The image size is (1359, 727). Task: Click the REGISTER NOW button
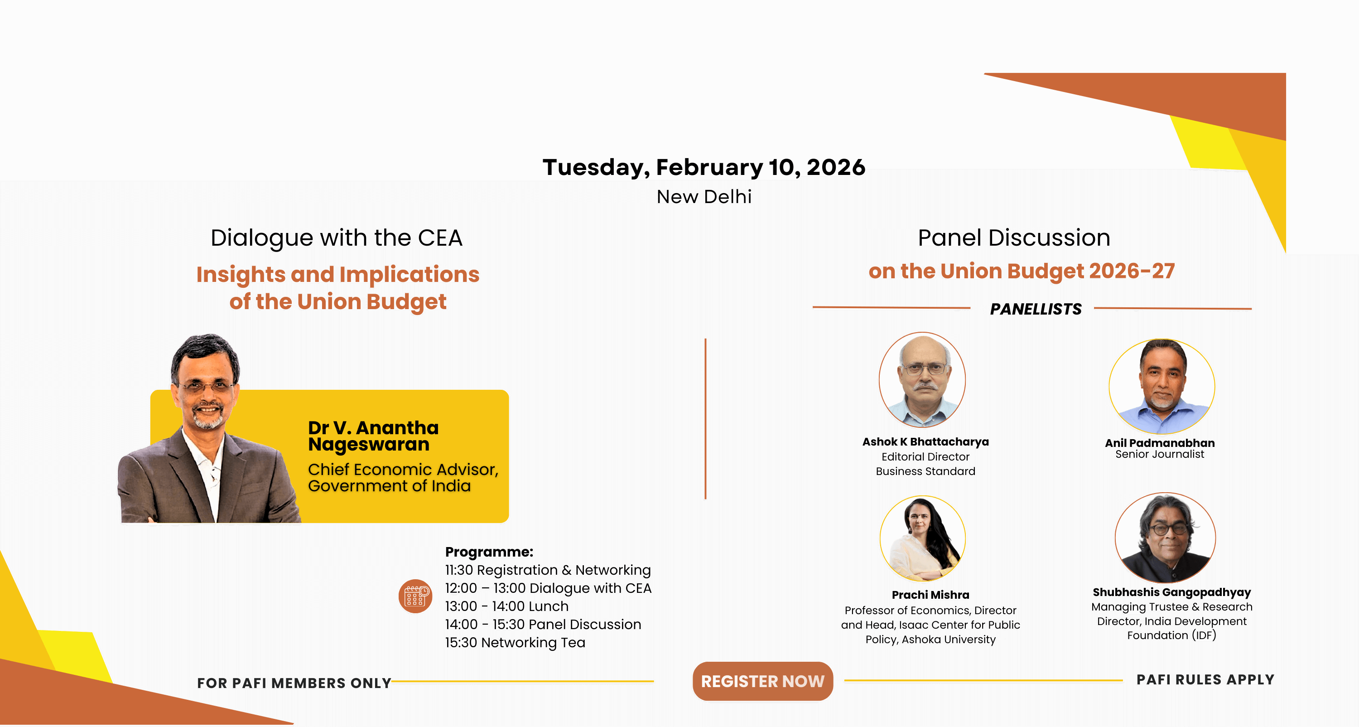(762, 681)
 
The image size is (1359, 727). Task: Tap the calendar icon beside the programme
(415, 596)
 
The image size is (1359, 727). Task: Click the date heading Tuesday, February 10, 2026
(704, 167)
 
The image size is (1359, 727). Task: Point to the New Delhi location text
(704, 196)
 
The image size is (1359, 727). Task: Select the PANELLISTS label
(1036, 309)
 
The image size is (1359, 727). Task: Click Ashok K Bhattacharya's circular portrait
(922, 380)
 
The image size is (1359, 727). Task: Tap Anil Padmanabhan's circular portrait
(1161, 387)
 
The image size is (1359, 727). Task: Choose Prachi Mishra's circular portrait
(923, 538)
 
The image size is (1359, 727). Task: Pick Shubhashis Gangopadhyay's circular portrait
(1166, 538)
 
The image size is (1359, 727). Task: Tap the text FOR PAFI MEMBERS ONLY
(294, 683)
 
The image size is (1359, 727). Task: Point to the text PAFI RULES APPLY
(1205, 679)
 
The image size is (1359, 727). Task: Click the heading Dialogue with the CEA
(337, 237)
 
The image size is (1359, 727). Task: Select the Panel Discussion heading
(1014, 237)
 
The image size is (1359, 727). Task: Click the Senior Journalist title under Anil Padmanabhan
(1160, 454)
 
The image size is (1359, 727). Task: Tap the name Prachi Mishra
(930, 595)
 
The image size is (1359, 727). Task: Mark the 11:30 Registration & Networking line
(548, 570)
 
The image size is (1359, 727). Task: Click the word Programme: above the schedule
(489, 552)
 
